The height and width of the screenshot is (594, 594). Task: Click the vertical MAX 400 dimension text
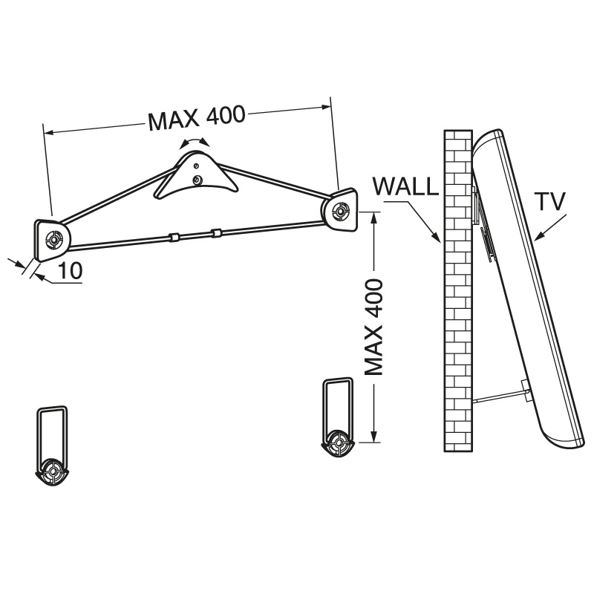point(373,327)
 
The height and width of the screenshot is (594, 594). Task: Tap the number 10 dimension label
point(70,271)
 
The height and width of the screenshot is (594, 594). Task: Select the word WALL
point(405,186)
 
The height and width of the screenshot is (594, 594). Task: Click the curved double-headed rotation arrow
point(195,142)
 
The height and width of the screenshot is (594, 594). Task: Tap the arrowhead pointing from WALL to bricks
point(436,238)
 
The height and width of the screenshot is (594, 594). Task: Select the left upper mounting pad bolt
point(53,240)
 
